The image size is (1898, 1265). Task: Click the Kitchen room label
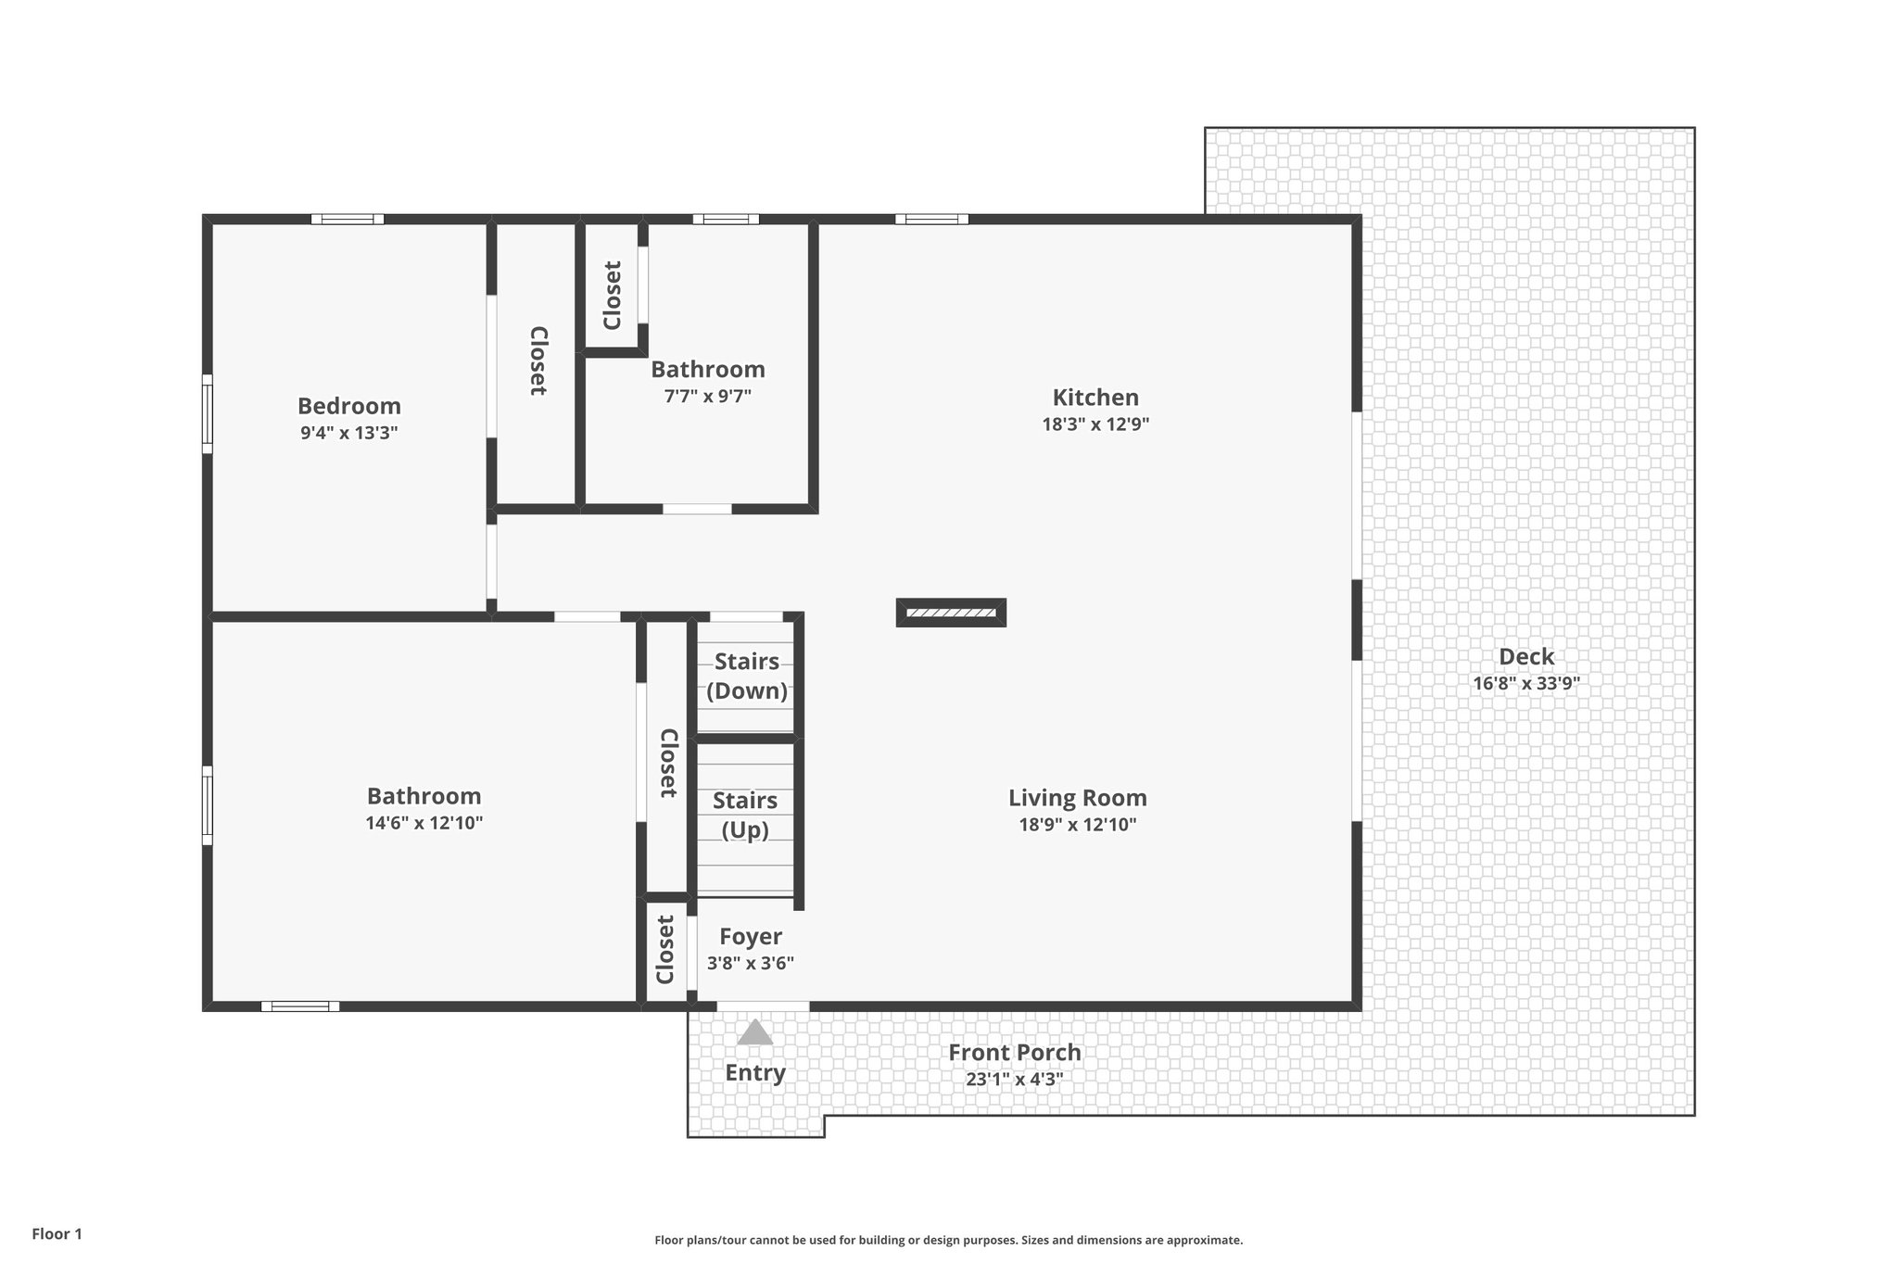(1095, 398)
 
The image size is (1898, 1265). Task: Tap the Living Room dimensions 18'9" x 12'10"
(1077, 825)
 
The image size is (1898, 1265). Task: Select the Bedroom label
(348, 406)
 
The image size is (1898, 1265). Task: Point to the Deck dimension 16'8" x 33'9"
(1525, 684)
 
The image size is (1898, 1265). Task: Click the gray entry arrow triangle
(755, 1032)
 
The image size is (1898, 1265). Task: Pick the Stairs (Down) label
(747, 676)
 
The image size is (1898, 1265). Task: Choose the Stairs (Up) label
(745, 815)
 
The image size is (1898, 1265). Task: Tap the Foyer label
(751, 936)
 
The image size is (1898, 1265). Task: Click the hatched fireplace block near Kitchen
(951, 613)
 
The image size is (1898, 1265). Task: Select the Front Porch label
(1014, 1053)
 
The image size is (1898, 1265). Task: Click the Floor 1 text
(57, 1233)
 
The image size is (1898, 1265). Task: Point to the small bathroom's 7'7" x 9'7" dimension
(707, 397)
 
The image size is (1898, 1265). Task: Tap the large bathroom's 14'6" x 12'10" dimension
(424, 823)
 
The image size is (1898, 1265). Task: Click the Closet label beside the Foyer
(664, 950)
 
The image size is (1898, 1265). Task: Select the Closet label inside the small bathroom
(612, 296)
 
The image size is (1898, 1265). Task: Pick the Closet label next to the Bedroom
(538, 361)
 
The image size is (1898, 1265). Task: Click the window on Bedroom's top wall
(347, 220)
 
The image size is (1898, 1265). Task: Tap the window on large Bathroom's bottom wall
(299, 1006)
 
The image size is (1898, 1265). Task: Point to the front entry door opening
(763, 1006)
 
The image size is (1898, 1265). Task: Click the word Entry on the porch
(754, 1073)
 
